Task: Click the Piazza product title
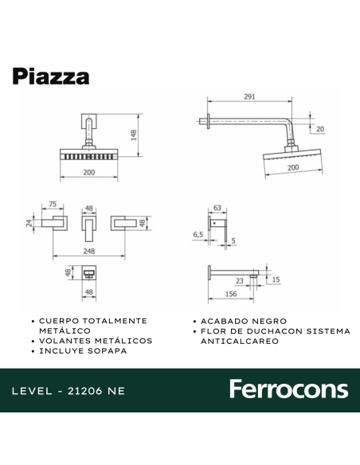pos(50,76)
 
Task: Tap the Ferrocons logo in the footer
pos(288,389)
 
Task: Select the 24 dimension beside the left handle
pos(29,224)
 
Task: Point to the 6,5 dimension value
pos(198,236)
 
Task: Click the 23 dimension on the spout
pos(239,280)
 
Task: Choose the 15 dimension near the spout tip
pos(276,280)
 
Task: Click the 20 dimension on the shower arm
pos(320,129)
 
